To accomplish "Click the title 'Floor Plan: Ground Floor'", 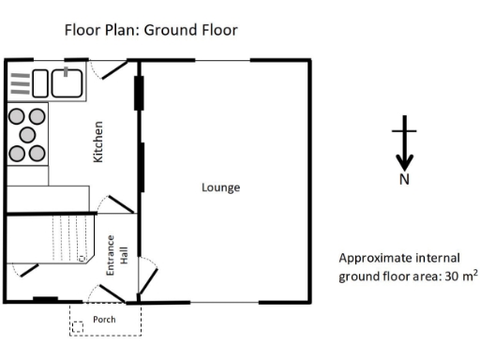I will coord(150,30).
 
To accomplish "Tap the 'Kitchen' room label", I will coord(97,142).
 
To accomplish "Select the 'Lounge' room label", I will coord(220,187).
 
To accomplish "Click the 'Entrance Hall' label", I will coord(115,254).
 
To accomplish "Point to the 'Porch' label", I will coord(105,320).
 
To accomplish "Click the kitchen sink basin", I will coord(67,82).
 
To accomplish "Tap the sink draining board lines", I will coord(20,83).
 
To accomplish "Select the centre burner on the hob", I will coord(26,133).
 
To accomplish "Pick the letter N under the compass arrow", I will coord(404,180).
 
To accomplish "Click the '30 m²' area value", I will coord(458,276).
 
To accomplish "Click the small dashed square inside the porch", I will coord(78,326).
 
